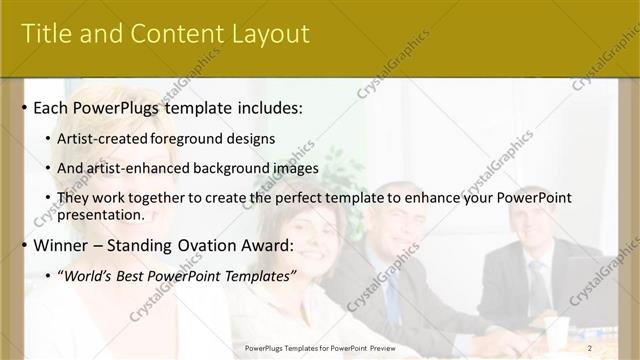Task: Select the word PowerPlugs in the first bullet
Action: tap(117, 107)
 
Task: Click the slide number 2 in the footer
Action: tap(590, 347)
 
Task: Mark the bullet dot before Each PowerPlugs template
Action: tap(24, 108)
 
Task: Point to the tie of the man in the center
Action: tap(392, 290)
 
